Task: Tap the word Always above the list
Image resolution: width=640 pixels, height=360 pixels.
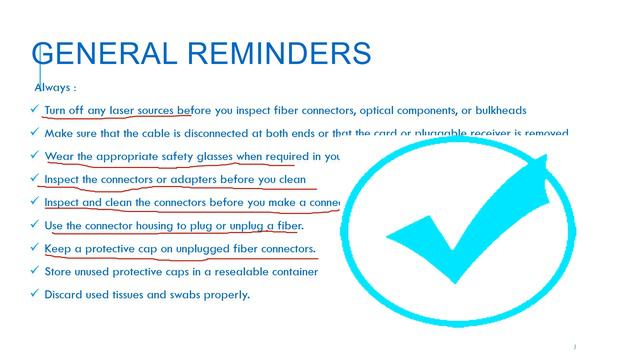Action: coord(52,87)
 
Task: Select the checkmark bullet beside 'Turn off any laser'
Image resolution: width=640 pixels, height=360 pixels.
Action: coord(35,109)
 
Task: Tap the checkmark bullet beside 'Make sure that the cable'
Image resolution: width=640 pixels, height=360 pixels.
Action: coord(35,132)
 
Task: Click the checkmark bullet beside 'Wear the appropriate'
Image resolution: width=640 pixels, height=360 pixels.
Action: coord(35,155)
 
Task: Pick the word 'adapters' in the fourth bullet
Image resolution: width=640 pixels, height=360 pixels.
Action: coord(195,179)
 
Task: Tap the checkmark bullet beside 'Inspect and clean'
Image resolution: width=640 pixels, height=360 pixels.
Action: coord(35,201)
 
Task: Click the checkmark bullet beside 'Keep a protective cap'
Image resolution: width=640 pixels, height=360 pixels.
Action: coord(35,247)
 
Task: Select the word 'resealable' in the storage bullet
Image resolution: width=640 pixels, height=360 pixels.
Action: coord(240,271)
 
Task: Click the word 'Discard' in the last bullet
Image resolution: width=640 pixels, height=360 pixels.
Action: coord(66,294)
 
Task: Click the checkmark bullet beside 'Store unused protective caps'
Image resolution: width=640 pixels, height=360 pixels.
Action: coord(35,270)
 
